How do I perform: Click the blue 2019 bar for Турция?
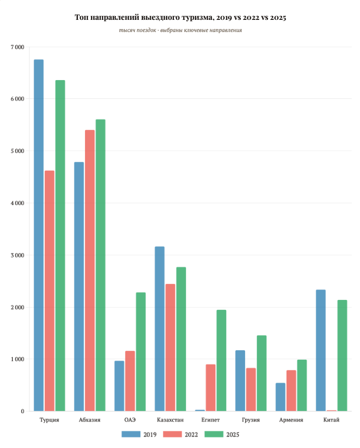39,235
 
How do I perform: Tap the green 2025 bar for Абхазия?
100,265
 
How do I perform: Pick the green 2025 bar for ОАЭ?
141,351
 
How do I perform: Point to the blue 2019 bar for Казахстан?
160,329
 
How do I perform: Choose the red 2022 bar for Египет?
210,387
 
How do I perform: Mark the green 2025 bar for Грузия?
262,373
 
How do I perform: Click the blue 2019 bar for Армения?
280,397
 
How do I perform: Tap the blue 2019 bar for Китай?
321,350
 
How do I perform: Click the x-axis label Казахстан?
170,420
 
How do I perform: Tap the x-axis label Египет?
210,420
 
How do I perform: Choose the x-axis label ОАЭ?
130,420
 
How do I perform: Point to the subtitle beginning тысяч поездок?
180,30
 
